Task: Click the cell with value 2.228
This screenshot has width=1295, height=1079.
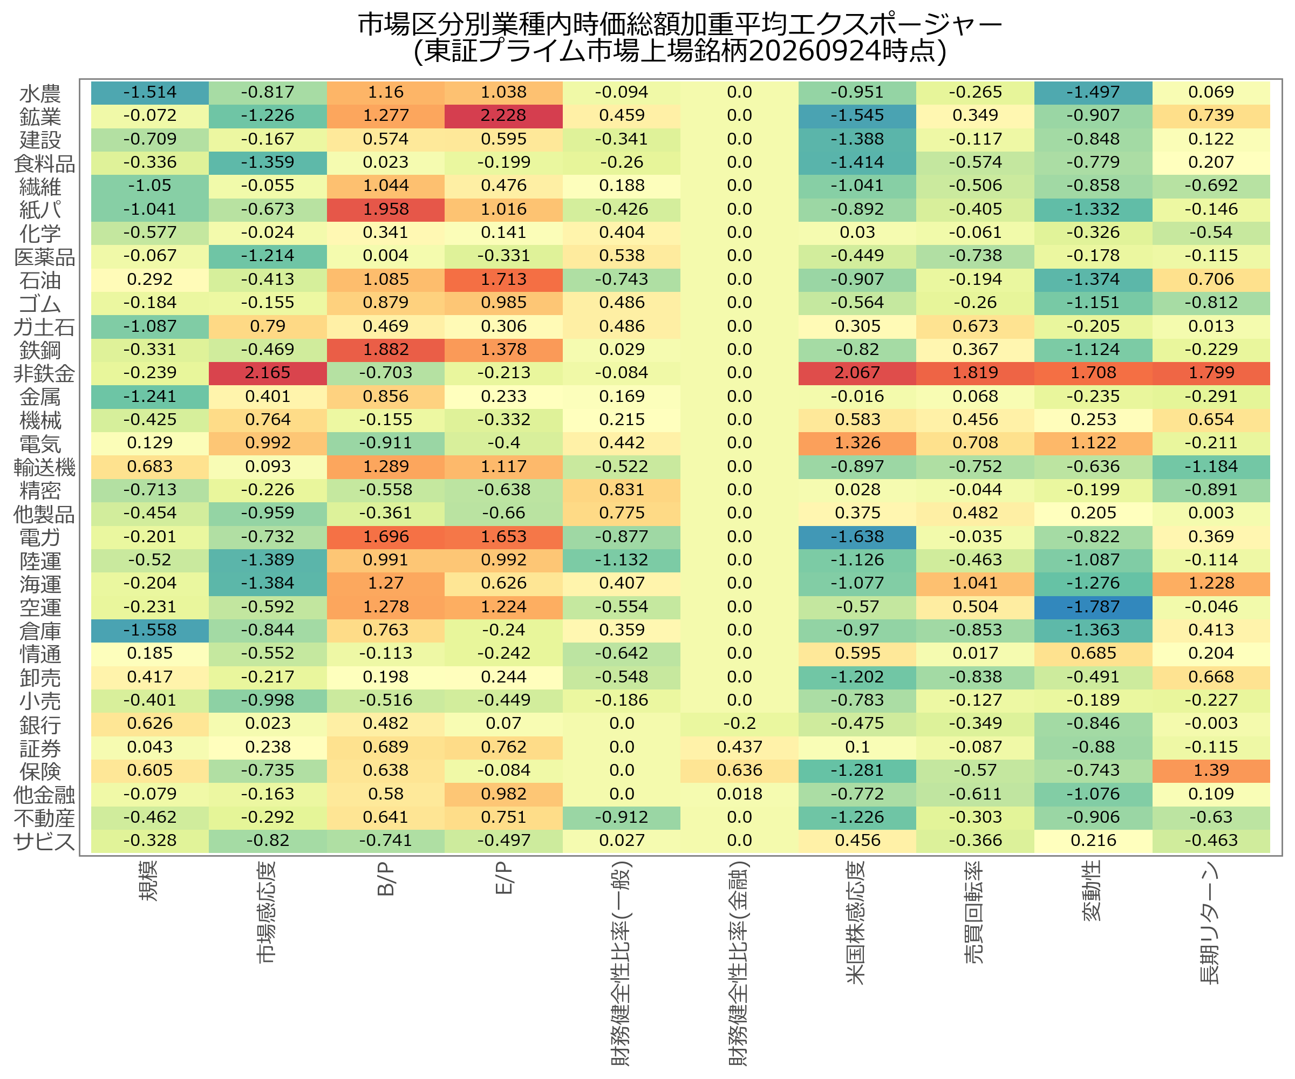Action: (x=503, y=116)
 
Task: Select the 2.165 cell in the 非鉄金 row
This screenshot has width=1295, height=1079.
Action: (x=268, y=373)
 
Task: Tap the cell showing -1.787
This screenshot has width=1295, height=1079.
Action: (x=1093, y=607)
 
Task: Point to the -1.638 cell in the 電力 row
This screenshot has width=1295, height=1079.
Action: (x=857, y=537)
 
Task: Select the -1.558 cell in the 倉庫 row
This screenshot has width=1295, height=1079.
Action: (x=150, y=631)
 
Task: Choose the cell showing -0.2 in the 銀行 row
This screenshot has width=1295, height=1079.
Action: (x=739, y=724)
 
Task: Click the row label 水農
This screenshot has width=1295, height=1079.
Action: (x=40, y=94)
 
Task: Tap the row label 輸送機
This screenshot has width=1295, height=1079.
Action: (x=44, y=467)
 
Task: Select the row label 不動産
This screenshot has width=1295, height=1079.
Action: (x=44, y=818)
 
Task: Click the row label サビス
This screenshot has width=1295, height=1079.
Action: (x=44, y=842)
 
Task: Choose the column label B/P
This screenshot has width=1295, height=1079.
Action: (x=385, y=879)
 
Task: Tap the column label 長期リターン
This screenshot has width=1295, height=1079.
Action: (x=1210, y=923)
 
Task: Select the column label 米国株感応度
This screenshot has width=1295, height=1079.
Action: (x=856, y=923)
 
